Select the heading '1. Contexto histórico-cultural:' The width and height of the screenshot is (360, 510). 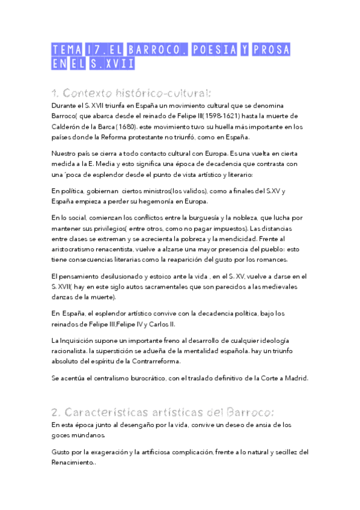pyautogui.click(x=131, y=93)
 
